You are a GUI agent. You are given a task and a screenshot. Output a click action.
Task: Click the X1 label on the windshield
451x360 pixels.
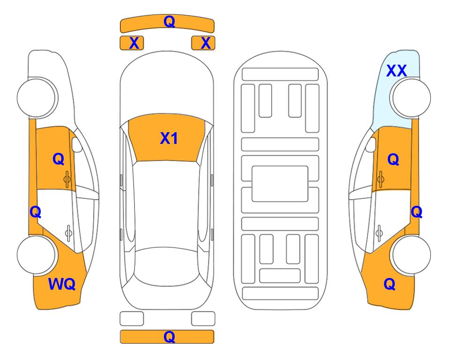click(x=169, y=138)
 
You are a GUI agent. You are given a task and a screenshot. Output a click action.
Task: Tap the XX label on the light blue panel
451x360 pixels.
click(x=396, y=71)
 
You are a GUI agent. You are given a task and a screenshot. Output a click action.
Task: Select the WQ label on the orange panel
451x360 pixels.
click(x=62, y=284)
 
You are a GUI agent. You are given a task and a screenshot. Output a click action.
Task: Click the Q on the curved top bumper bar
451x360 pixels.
click(x=170, y=21)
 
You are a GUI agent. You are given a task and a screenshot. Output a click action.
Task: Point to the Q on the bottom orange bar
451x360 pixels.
click(x=170, y=337)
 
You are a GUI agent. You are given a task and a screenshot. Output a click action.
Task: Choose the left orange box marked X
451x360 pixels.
click(x=132, y=43)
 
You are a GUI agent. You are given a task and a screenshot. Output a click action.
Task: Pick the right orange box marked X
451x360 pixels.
click(x=203, y=43)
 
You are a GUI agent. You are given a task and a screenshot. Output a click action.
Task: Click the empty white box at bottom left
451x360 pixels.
click(x=132, y=319)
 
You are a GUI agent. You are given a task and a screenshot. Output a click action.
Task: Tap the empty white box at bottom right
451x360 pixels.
click(x=203, y=319)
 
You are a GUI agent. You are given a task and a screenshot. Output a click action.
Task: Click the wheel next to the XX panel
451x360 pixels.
click(x=410, y=97)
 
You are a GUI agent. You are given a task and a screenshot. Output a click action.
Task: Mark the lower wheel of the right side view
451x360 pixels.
click(x=410, y=255)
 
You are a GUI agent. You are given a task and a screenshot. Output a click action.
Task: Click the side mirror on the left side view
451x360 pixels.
click(x=77, y=144)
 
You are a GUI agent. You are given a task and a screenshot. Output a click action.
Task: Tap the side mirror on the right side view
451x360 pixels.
click(x=371, y=144)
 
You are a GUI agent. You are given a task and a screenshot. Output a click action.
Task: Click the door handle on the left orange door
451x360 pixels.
click(x=67, y=180)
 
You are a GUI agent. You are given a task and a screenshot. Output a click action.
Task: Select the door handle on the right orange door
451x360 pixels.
click(x=380, y=180)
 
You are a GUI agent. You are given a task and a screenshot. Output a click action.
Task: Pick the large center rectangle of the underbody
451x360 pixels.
click(x=280, y=184)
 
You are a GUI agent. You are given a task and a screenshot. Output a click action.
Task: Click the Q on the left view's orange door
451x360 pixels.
click(x=59, y=159)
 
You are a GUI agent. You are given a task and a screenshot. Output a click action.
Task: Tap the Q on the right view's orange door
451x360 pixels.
click(x=393, y=159)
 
